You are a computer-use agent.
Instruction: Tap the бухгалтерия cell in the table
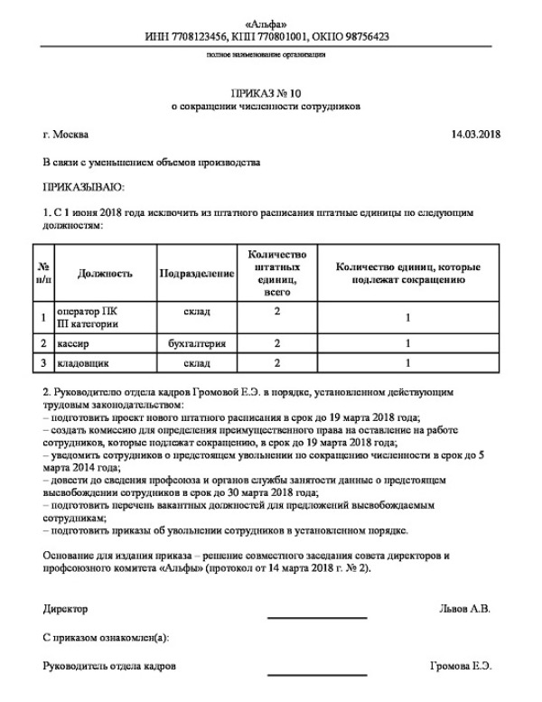click(196, 343)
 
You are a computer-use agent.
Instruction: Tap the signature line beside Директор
click(317, 616)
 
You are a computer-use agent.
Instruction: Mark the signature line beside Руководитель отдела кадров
click(317, 673)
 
